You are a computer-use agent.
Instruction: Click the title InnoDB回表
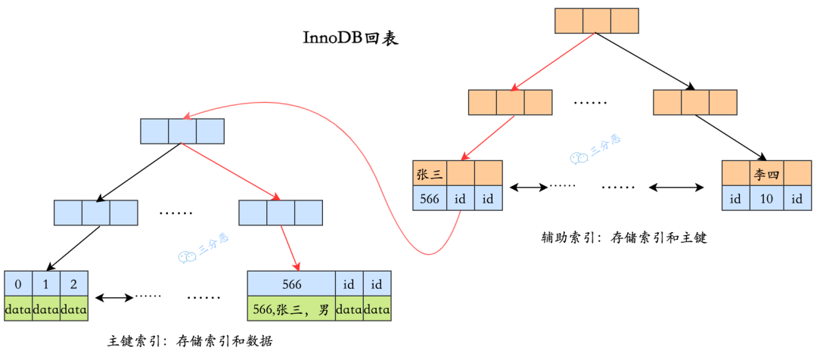pos(350,39)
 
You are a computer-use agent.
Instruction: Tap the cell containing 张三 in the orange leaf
pos(429,174)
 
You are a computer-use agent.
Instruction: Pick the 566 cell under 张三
pos(429,199)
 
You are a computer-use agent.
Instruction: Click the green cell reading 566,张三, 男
pos(291,309)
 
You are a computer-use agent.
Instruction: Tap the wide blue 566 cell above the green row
pos(291,284)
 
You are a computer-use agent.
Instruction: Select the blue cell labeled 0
pos(18,284)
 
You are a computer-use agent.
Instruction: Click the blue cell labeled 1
pos(46,284)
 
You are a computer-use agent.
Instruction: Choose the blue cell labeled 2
pos(74,284)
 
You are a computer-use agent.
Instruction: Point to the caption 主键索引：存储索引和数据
pos(190,341)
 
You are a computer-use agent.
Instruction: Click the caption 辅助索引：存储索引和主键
pos(624,237)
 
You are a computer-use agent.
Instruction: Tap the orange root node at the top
pos(597,20)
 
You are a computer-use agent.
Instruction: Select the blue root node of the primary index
pos(182,131)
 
